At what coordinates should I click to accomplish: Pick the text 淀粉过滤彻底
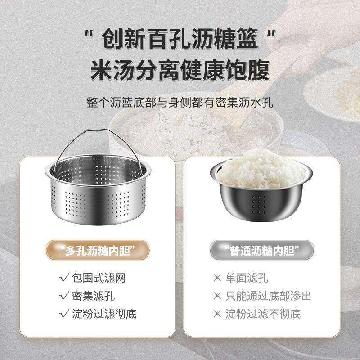(x=104, y=314)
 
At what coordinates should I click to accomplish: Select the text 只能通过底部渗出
(x=268, y=296)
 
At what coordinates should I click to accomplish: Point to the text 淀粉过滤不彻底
(x=263, y=314)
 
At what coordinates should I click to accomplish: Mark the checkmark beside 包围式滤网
(x=63, y=278)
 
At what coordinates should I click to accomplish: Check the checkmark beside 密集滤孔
(x=63, y=296)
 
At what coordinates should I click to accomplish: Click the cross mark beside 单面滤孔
(x=218, y=278)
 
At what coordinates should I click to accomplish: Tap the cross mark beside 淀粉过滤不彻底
(x=218, y=314)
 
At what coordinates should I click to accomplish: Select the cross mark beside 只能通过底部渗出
(x=218, y=296)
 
